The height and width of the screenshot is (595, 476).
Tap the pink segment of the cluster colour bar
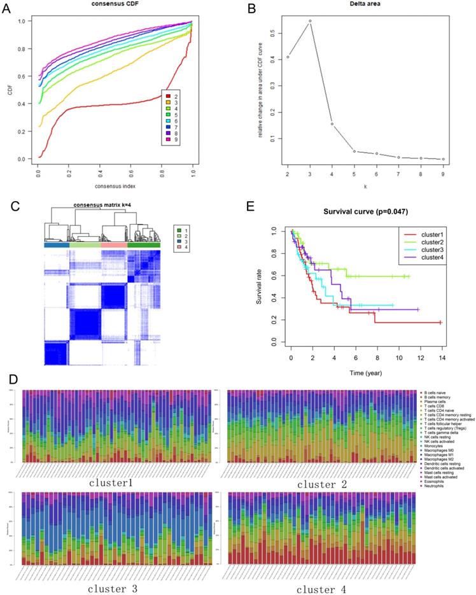[115, 245]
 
